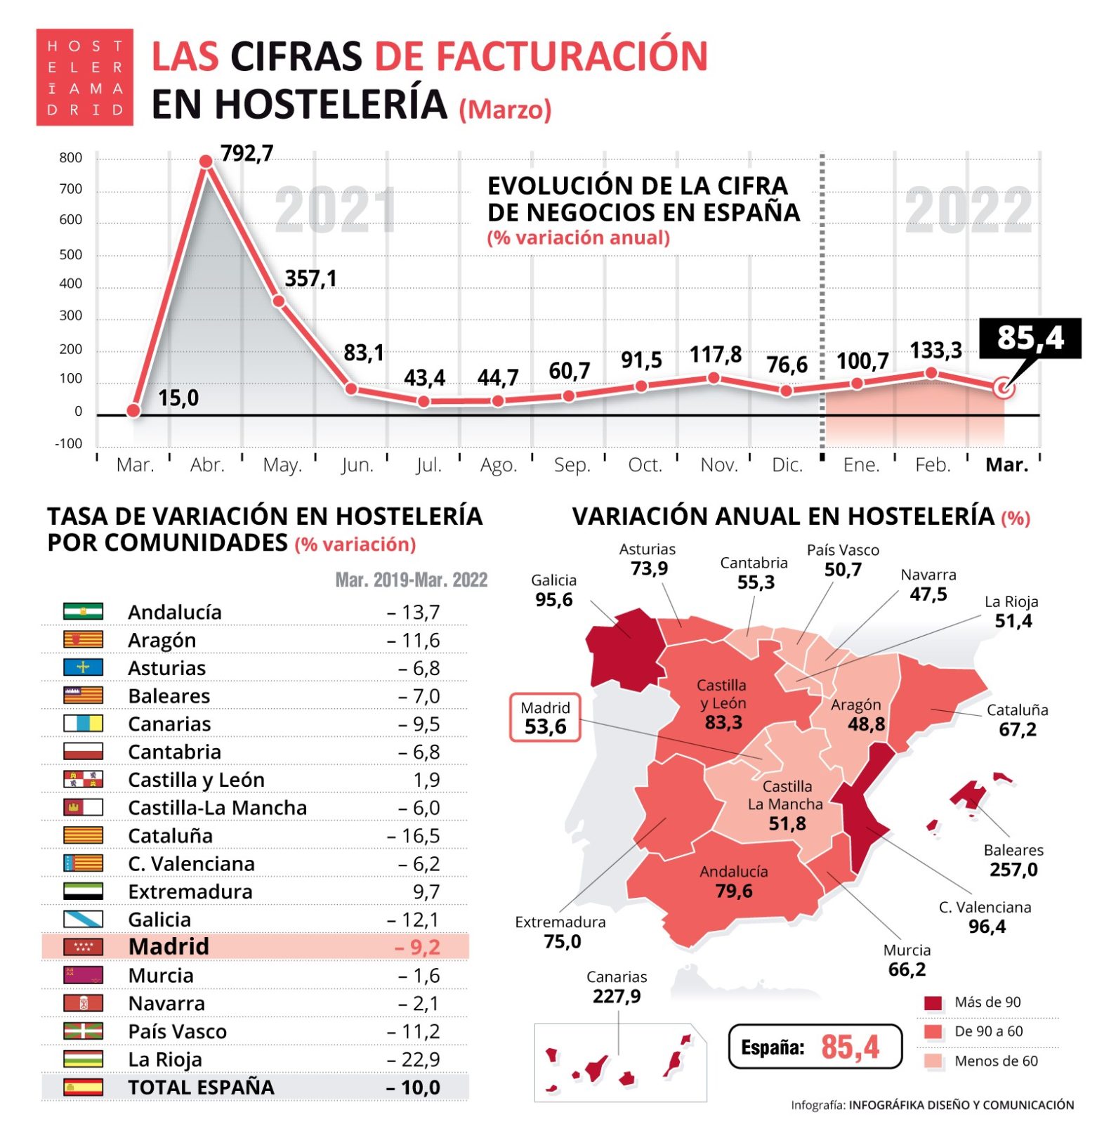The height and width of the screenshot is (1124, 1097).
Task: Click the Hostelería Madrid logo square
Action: (85, 77)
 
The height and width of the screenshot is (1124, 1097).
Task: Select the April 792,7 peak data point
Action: (206, 162)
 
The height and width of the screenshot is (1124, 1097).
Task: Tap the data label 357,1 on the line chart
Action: (310, 279)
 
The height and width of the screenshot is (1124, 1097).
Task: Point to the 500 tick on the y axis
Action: (71, 254)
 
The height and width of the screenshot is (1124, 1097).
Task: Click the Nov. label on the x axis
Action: (718, 465)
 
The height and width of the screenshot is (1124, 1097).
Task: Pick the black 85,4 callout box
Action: (1030, 338)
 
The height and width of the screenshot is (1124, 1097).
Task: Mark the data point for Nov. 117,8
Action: (714, 378)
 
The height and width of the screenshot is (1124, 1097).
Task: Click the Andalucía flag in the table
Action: (83, 611)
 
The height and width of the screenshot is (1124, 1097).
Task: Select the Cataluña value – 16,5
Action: (414, 835)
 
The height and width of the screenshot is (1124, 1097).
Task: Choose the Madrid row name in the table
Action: (169, 946)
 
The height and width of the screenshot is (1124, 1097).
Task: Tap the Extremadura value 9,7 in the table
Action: (426, 891)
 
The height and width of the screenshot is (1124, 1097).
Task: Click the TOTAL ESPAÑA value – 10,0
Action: (414, 1087)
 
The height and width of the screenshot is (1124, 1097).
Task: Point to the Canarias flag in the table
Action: (83, 723)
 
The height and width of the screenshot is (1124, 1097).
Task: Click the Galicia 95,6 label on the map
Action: (553, 591)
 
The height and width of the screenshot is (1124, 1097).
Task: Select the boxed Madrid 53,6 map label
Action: (545, 718)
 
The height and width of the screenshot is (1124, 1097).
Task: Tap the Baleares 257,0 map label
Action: (1013, 861)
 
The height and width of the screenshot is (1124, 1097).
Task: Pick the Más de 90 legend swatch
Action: (933, 1002)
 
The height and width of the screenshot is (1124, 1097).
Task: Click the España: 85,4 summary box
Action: (815, 1047)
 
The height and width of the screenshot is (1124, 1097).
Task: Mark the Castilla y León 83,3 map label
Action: (722, 704)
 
